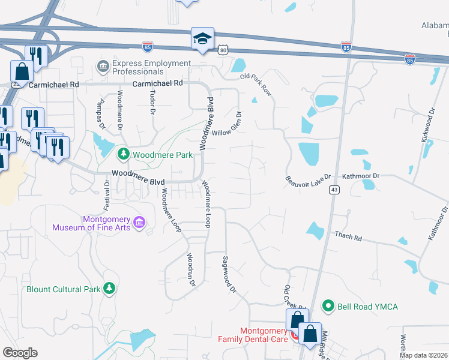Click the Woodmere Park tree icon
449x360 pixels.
124,155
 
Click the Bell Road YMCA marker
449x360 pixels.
328,307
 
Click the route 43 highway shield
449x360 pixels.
334,190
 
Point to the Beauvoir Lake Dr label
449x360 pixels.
309,180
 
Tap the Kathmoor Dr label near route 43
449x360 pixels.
361,176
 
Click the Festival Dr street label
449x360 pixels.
107,195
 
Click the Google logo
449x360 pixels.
20,353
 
